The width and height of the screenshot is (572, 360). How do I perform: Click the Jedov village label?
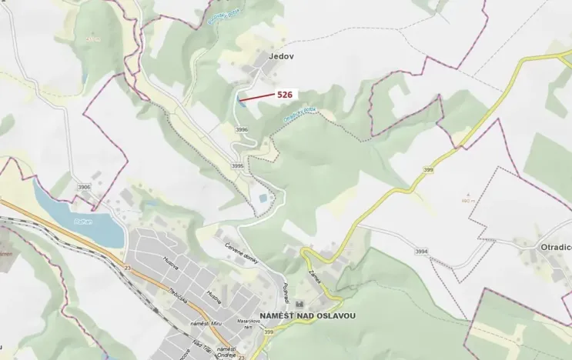[x=282, y=56]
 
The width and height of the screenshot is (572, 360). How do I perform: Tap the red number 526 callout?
[x=285, y=94]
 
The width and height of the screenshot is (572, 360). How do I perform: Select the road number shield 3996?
[x=242, y=130]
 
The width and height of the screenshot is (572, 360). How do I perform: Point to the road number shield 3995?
[x=237, y=166]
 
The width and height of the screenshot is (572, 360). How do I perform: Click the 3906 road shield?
[x=84, y=187]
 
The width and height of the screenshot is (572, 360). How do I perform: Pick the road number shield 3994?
[x=421, y=252]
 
